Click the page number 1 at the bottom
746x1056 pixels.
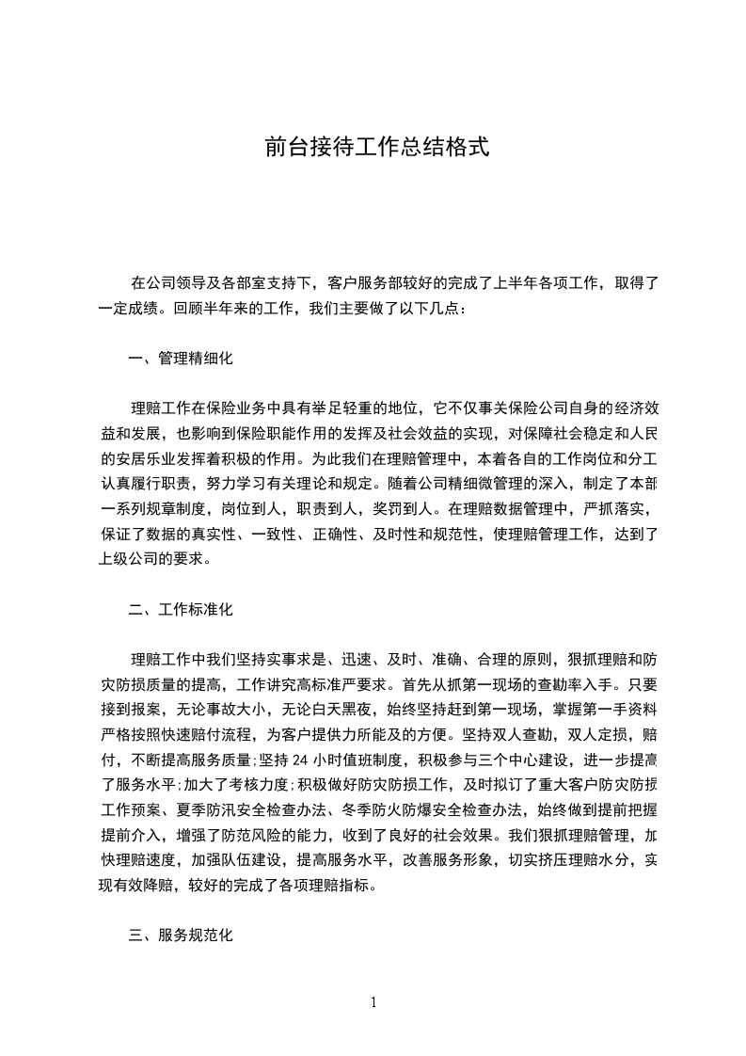pos(373,1002)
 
